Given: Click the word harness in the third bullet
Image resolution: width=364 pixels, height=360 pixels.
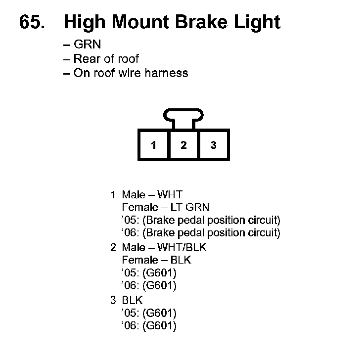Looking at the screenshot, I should (x=167, y=73).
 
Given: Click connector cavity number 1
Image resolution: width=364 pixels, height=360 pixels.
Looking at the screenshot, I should (x=154, y=145).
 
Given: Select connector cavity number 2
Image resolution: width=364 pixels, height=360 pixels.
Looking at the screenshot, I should (x=183, y=145).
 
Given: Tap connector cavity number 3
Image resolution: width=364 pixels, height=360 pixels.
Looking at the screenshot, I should (x=213, y=145).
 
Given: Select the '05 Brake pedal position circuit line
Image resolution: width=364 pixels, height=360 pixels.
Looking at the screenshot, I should (x=201, y=220).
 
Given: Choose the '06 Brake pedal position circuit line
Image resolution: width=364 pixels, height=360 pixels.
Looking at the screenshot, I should (x=201, y=232).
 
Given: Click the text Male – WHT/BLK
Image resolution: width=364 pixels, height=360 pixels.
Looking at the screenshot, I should (x=164, y=247).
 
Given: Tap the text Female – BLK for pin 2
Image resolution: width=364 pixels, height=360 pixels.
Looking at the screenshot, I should (x=156, y=260).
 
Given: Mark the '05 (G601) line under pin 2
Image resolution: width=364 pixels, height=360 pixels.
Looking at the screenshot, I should (x=149, y=272).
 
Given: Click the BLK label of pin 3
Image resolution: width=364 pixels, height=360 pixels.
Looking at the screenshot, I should (x=132, y=300).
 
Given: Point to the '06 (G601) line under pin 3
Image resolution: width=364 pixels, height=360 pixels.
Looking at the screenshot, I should (x=149, y=325).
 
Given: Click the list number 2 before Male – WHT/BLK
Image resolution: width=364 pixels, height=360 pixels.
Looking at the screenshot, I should (x=113, y=247).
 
